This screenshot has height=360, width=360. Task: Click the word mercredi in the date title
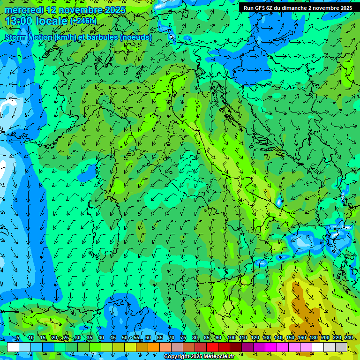(x=24, y=10)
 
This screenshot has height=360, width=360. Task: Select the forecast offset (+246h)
(x=83, y=21)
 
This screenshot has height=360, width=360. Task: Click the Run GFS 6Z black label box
(x=298, y=7)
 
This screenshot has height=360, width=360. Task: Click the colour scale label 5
(x=18, y=338)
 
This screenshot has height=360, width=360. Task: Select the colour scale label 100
(x=231, y=338)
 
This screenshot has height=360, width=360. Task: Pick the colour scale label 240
(x=348, y=338)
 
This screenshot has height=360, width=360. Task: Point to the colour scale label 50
(x=125, y=338)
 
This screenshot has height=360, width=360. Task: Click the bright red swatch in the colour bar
(x=212, y=347)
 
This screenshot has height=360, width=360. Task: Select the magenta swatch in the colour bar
(x=271, y=347)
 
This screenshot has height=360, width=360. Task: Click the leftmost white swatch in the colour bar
(x=13, y=347)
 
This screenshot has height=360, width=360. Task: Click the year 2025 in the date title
(x=115, y=10)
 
